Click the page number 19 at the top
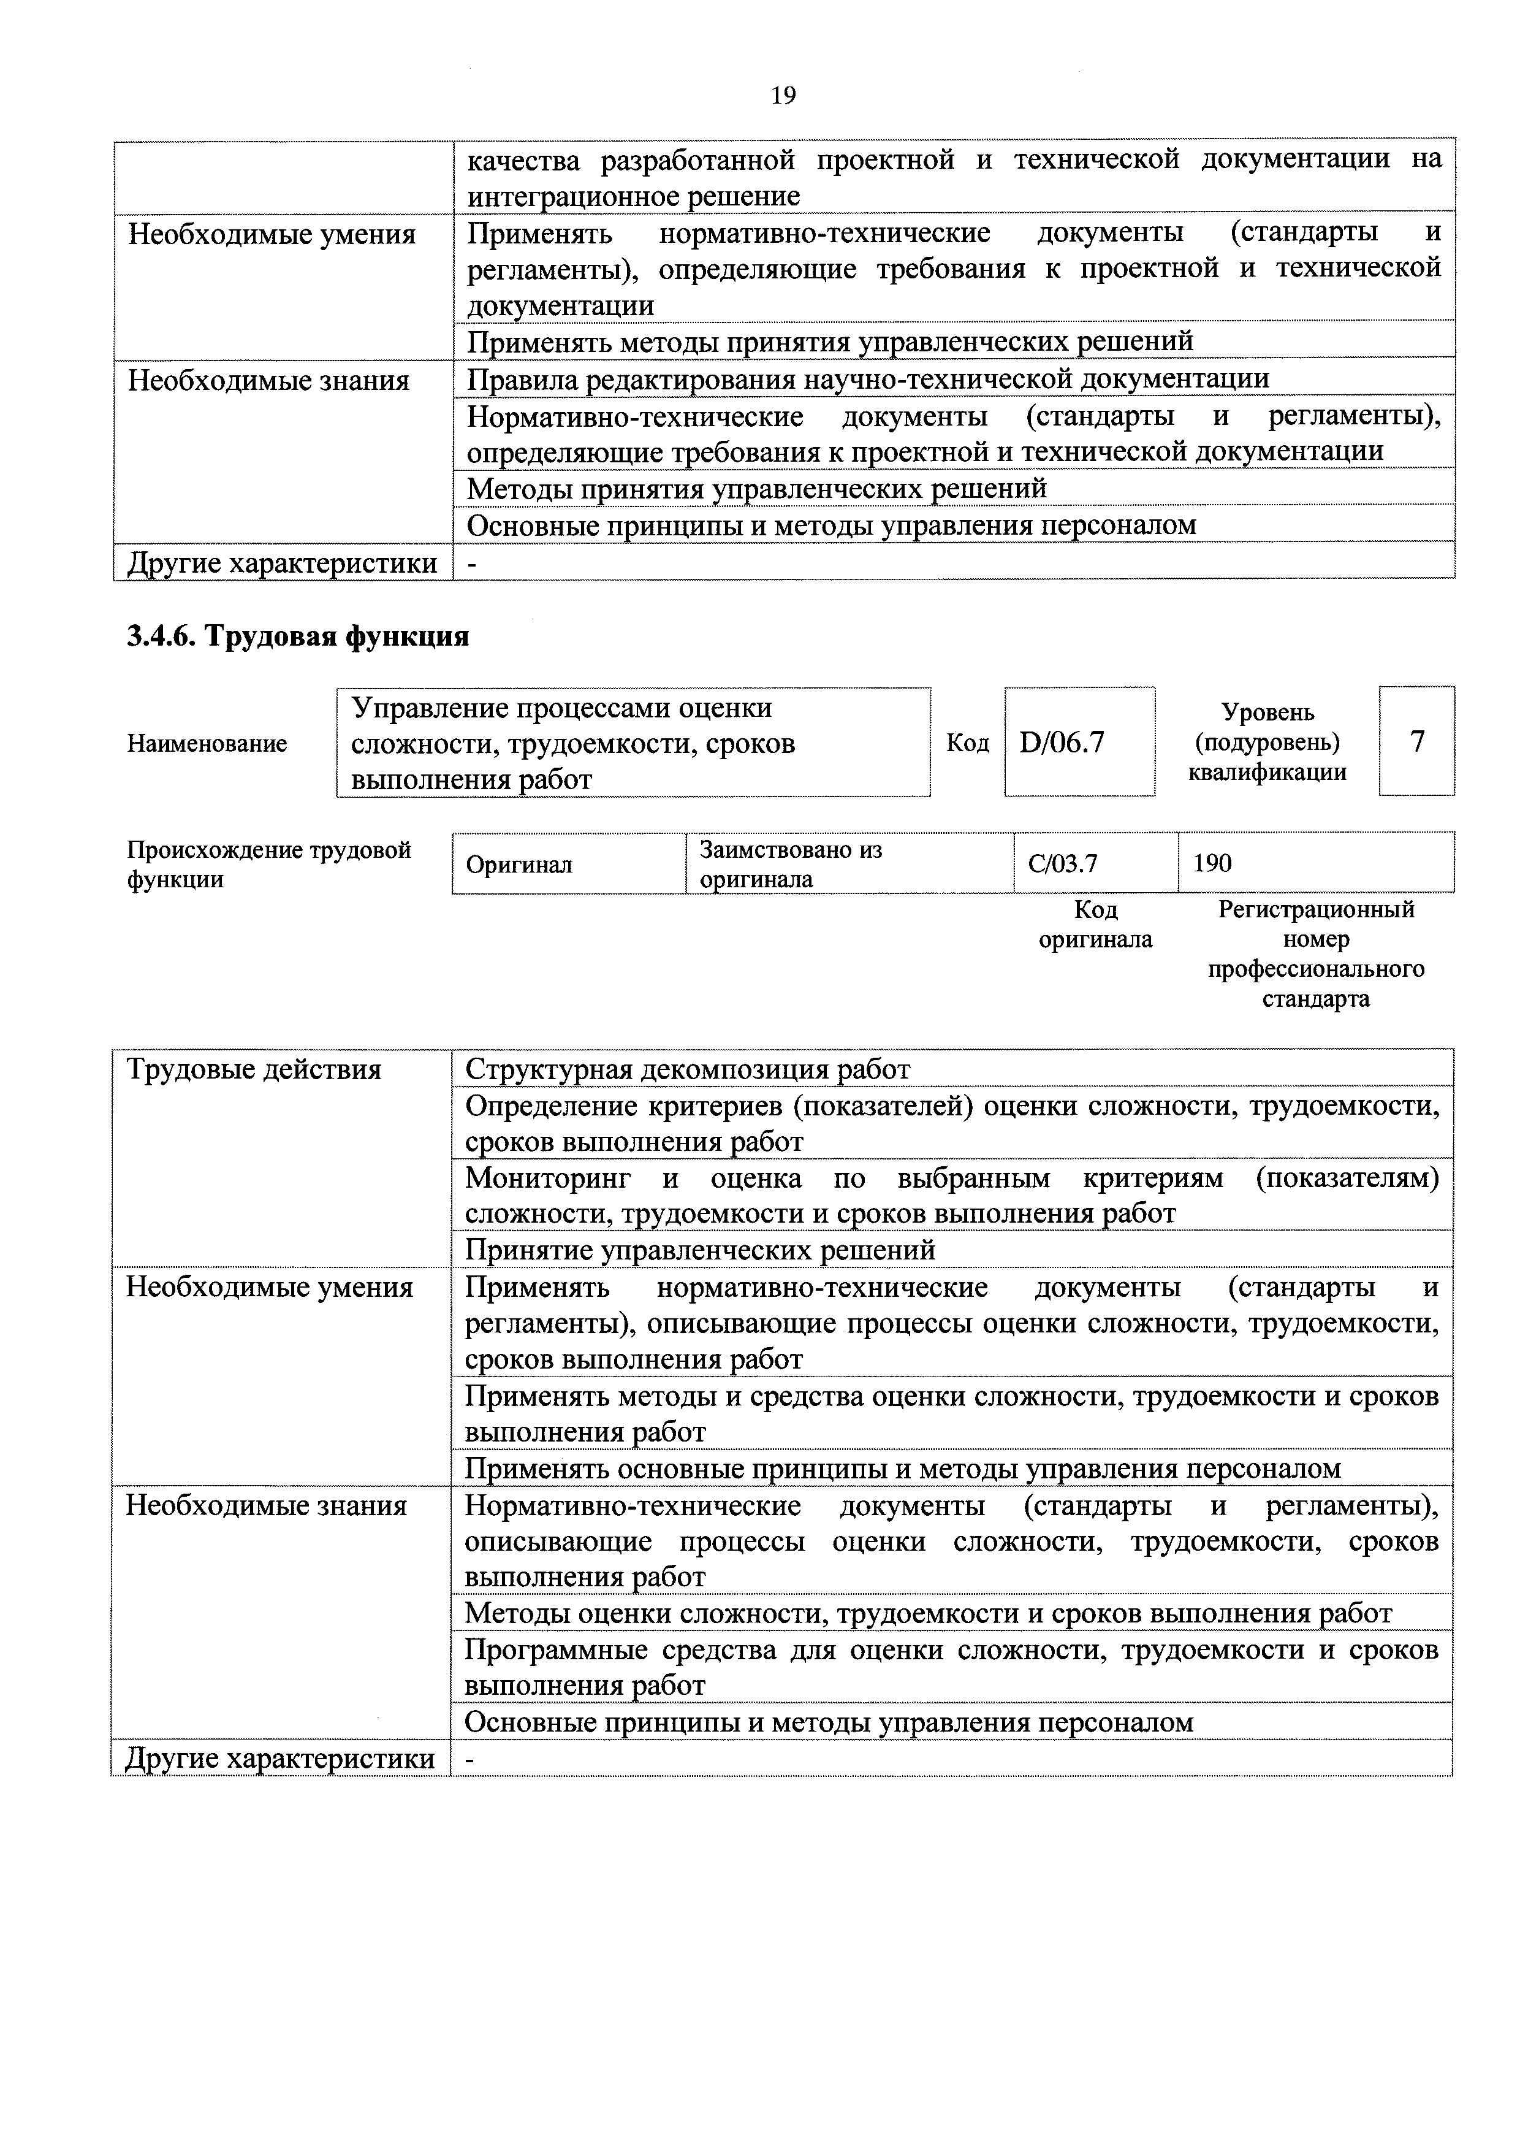click(783, 96)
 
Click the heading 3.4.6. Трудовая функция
click(298, 637)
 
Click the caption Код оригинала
click(1095, 925)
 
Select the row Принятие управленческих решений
click(701, 1250)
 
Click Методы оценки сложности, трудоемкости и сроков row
click(927, 1613)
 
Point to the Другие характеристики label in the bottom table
click(280, 1759)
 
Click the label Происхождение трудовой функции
click(269, 865)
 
